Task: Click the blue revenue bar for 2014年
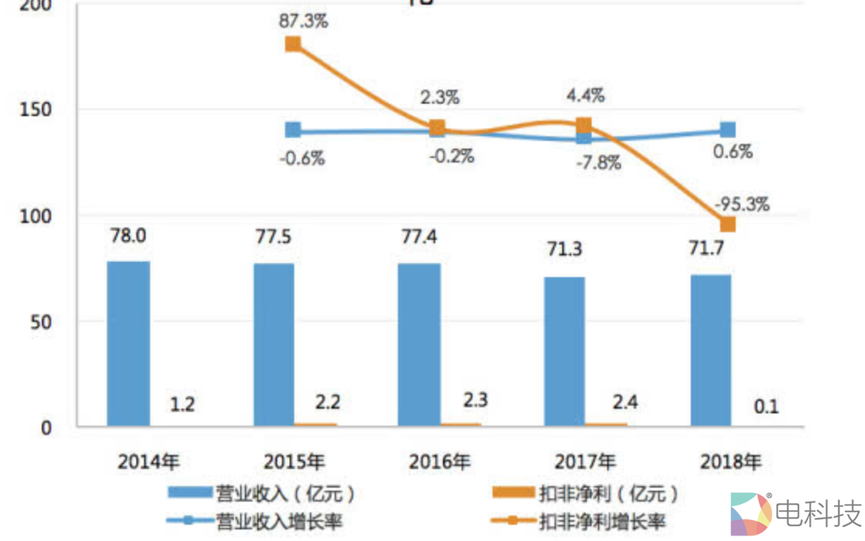129,344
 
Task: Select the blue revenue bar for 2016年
419,345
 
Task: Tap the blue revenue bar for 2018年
710,350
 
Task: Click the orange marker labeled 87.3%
293,44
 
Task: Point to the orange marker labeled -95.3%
727,224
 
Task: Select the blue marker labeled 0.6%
727,129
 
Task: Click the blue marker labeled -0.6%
293,130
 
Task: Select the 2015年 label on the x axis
293,462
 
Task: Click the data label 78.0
128,235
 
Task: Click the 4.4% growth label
585,96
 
